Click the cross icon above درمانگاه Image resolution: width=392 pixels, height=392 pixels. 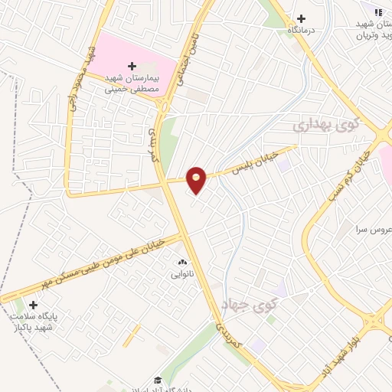301,18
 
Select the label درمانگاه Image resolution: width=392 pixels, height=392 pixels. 302,30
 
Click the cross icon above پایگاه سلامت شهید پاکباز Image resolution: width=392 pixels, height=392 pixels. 33,305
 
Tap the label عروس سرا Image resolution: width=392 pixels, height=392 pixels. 371,230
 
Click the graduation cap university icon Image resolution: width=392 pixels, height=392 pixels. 158,381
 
